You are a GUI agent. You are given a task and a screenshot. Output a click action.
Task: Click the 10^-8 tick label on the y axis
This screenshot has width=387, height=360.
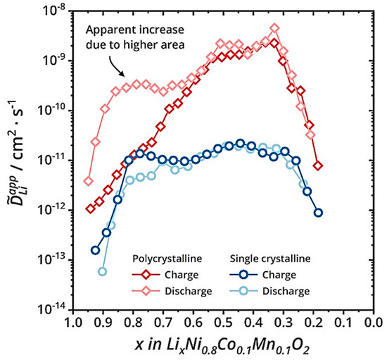[x=54, y=10]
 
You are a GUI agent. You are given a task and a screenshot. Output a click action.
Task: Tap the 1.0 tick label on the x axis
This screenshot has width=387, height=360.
[x=72, y=323]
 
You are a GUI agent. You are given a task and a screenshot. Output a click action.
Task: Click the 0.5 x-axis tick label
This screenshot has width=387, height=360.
[x=223, y=323]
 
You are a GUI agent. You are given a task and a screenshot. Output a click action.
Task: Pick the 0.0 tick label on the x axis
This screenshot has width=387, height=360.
[x=374, y=323]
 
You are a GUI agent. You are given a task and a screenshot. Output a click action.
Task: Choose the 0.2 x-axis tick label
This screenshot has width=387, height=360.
[x=314, y=323]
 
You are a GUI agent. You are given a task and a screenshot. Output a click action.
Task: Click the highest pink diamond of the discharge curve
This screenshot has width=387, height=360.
[x=274, y=29]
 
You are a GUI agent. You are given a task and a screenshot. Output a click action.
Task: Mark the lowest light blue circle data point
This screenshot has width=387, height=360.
[x=103, y=271]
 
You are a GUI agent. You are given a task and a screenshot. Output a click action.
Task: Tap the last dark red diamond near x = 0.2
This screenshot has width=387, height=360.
[x=319, y=166]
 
